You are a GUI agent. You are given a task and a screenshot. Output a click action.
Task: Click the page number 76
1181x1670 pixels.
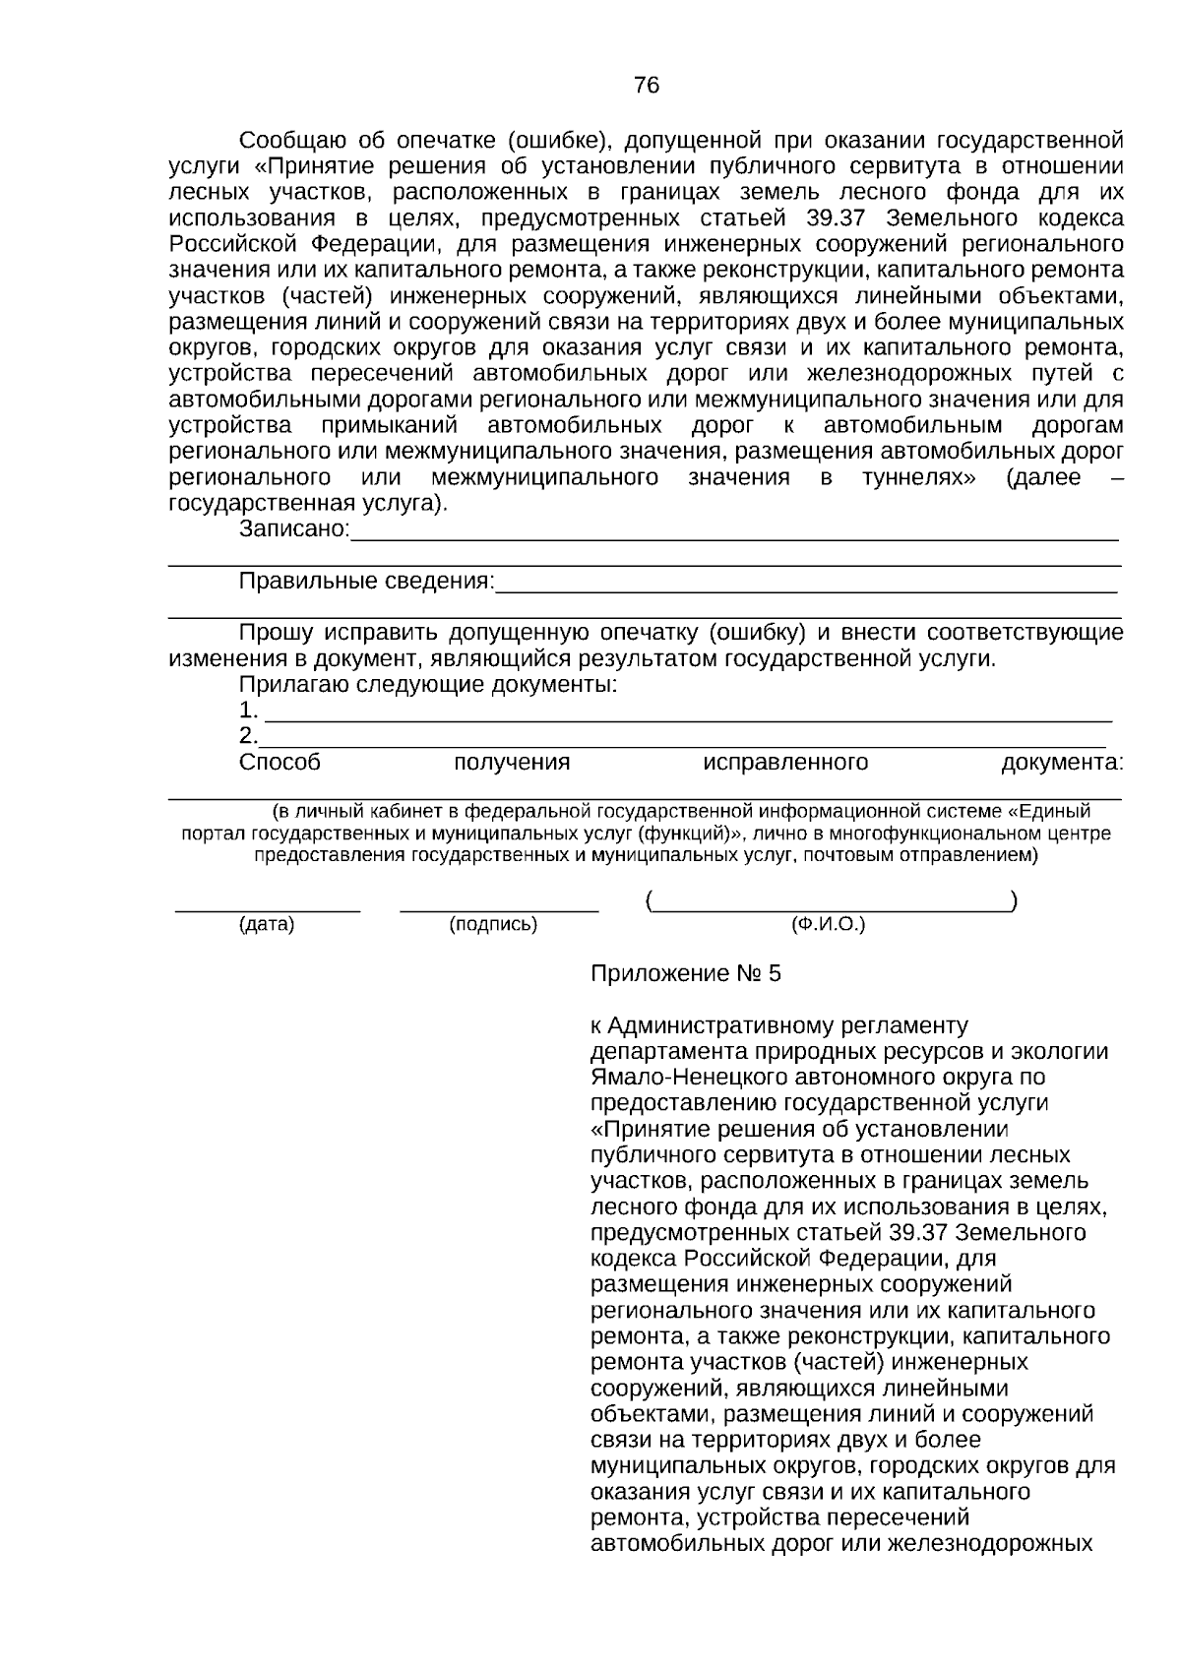click(647, 86)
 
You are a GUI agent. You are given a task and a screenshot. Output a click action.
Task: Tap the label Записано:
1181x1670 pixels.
click(294, 530)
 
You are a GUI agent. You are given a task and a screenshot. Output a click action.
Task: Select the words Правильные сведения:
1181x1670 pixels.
click(366, 582)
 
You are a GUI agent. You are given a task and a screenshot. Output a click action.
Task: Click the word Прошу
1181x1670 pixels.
click(277, 633)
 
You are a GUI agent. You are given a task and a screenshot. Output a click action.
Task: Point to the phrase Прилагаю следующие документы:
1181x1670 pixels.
click(428, 685)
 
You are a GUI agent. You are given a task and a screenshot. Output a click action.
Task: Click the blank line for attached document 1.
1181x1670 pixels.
click(689, 718)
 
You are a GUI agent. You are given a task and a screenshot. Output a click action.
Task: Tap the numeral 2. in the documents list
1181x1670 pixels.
click(248, 736)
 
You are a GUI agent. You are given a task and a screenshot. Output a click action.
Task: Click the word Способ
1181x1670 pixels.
click(280, 763)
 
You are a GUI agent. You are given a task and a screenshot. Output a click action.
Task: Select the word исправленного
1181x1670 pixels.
click(785, 763)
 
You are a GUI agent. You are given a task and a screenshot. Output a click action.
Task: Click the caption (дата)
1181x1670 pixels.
click(267, 925)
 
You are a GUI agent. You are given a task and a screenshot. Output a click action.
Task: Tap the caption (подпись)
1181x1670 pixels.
click(493, 925)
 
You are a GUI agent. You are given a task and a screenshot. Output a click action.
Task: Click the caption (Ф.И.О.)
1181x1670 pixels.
click(828, 925)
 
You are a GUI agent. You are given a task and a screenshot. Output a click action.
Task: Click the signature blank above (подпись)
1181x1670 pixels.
click(499, 908)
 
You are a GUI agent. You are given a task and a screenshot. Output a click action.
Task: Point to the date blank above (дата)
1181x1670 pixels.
click(267, 908)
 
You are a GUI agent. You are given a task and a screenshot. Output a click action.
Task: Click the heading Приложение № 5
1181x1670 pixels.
click(685, 974)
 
